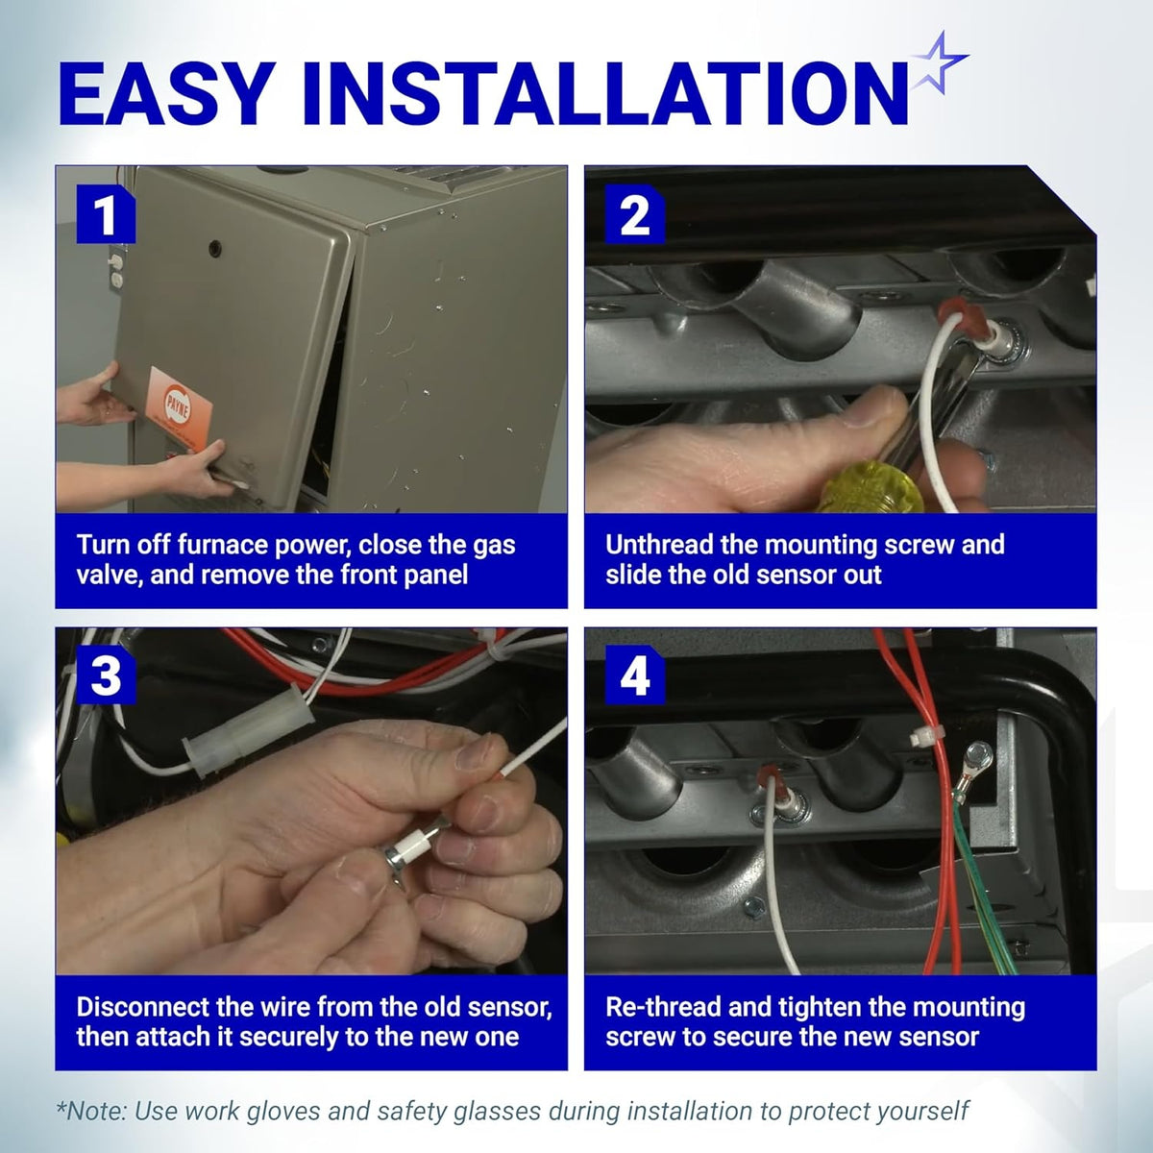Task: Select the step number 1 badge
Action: coord(106,213)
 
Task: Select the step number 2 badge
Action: coord(635,213)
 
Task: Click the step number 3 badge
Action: coord(106,675)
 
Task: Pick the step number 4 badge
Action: coord(635,675)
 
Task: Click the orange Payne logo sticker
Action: coord(179,408)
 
